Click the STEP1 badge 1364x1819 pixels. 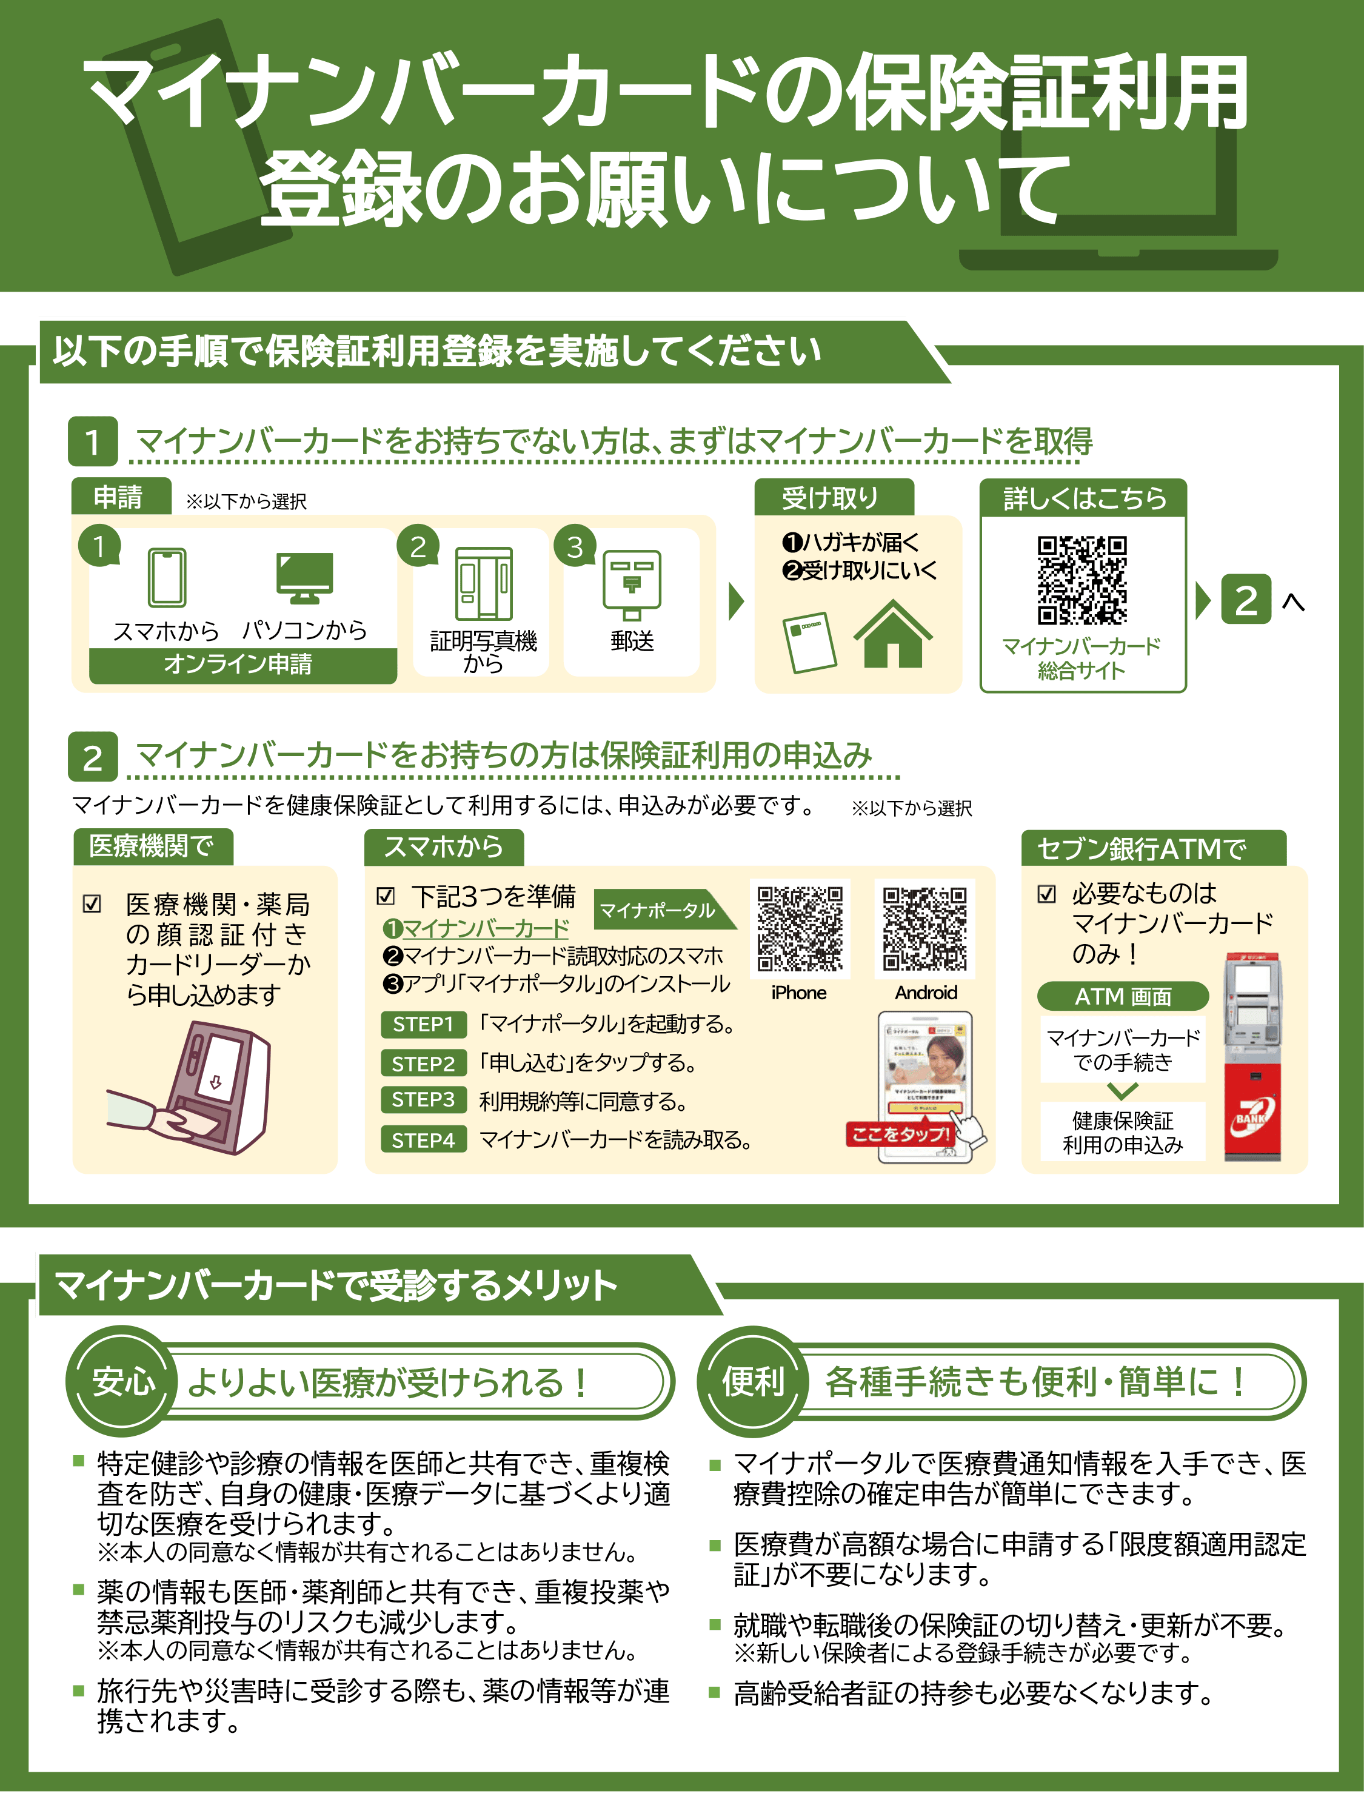(423, 1024)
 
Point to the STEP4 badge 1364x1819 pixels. (423, 1140)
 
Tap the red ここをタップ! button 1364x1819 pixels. (900, 1135)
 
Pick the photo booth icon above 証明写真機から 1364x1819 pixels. (483, 583)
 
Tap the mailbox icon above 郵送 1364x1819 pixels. (632, 585)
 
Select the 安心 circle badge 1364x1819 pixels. (123, 1381)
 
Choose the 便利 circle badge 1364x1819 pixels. (752, 1381)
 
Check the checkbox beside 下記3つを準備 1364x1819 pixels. (386, 896)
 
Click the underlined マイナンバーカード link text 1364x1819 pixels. (485, 928)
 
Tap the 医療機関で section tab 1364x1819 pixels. (152, 846)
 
